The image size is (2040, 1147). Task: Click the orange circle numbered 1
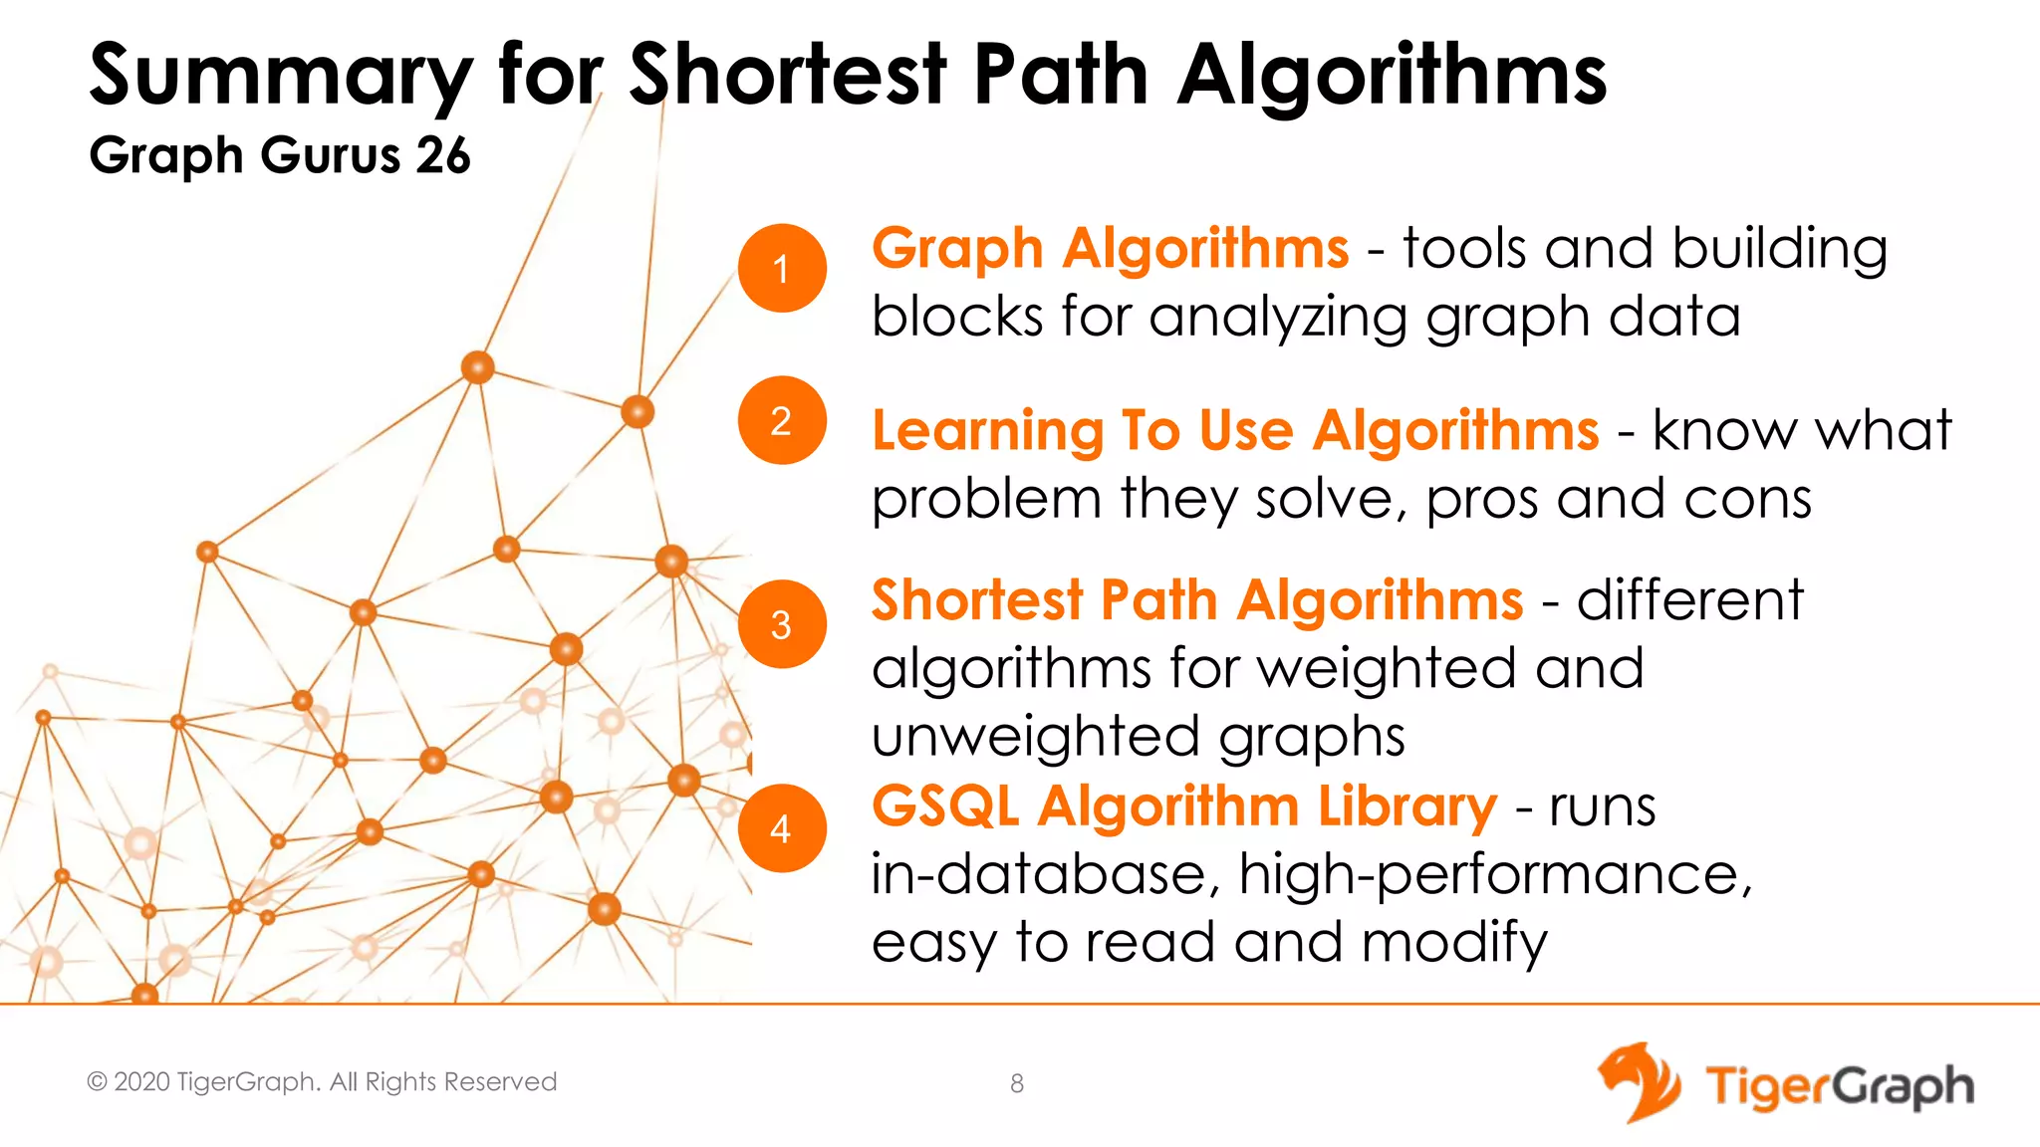tap(782, 268)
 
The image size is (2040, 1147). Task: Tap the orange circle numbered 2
tap(782, 420)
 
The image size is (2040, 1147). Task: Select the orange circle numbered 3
tap(782, 624)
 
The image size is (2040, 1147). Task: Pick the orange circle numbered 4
tap(782, 828)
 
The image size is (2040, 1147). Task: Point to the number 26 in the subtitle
tap(443, 156)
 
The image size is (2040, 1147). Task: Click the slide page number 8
tap(1017, 1083)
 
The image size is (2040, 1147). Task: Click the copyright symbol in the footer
tap(97, 1082)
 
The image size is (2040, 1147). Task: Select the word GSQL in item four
tap(945, 806)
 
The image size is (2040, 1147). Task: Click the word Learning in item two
tap(987, 431)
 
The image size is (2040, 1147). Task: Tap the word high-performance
tap(1494, 875)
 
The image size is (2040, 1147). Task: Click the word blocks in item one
tap(957, 317)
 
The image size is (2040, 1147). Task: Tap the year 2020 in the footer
tap(141, 1082)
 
